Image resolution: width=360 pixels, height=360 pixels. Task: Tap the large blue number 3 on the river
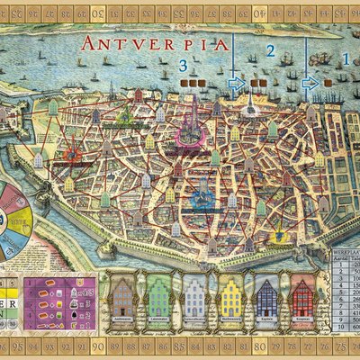coord(183,66)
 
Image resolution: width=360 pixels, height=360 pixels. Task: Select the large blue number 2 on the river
coord(269,51)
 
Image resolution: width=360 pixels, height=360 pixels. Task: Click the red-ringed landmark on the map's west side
coord(72,155)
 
